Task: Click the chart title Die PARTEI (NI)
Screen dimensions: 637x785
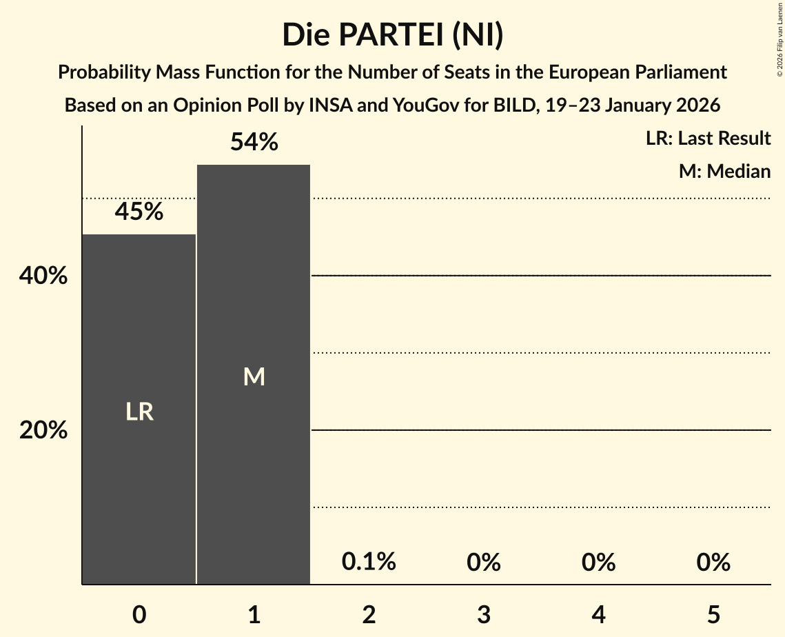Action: click(x=392, y=34)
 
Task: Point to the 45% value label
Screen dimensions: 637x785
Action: click(x=139, y=212)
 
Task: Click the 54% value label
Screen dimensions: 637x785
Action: click(x=254, y=142)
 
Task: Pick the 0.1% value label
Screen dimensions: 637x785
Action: click(x=369, y=562)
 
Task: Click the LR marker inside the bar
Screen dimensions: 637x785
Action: click(x=139, y=412)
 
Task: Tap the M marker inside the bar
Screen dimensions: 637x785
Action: click(x=254, y=376)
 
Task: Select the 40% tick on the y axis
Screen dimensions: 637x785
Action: click(x=43, y=276)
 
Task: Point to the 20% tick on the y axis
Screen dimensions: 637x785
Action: click(x=43, y=430)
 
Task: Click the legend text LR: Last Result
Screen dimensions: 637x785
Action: click(x=708, y=139)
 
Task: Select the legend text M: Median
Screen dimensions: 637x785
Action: click(x=724, y=171)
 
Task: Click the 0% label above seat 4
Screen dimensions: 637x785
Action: click(x=598, y=563)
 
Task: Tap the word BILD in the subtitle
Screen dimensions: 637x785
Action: click(x=521, y=105)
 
